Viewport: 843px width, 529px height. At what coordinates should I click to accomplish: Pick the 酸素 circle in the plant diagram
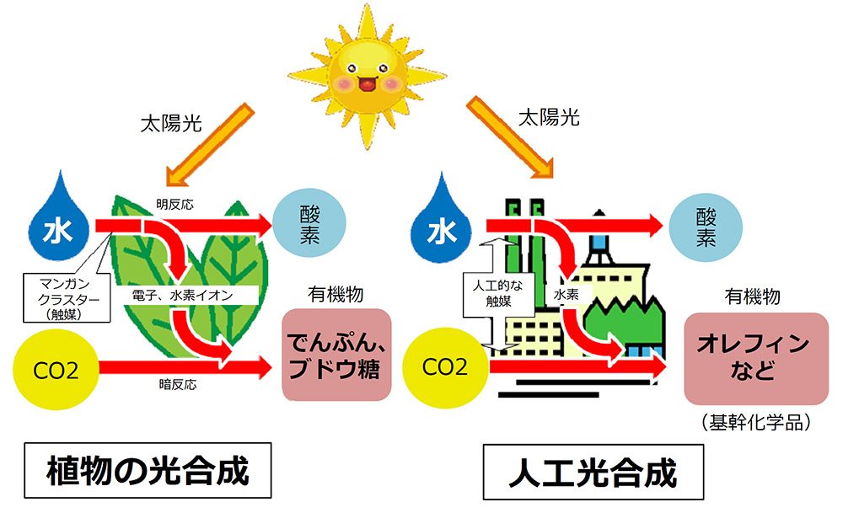point(308,224)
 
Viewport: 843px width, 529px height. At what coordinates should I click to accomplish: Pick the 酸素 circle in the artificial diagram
point(706,225)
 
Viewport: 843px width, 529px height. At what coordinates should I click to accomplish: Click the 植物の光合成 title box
point(148,471)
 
